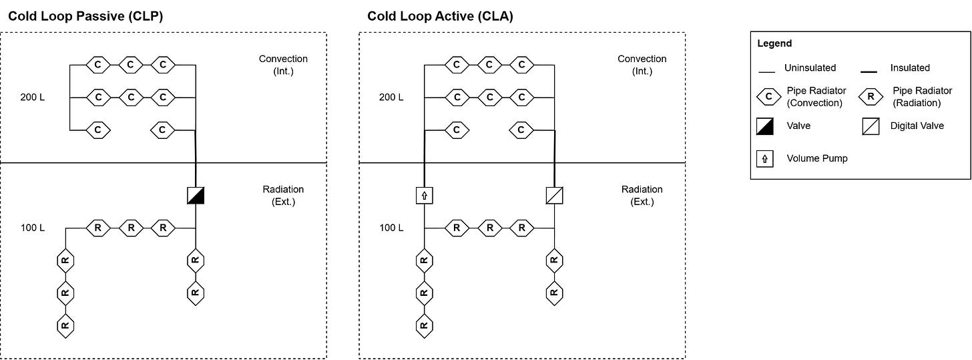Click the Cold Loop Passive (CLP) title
click(x=85, y=17)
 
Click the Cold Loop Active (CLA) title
click(x=440, y=17)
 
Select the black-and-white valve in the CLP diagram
click(x=196, y=195)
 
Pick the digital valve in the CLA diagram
click(x=555, y=196)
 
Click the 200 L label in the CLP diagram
click(x=33, y=98)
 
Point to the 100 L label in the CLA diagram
click(x=391, y=228)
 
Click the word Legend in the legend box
click(x=774, y=43)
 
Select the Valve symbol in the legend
click(x=768, y=126)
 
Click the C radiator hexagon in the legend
click(x=768, y=96)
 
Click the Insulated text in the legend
click(x=910, y=67)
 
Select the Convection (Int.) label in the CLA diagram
click(x=642, y=65)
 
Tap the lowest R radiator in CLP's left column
click(x=65, y=325)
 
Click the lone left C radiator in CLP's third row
click(x=98, y=130)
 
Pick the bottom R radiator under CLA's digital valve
click(x=554, y=292)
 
